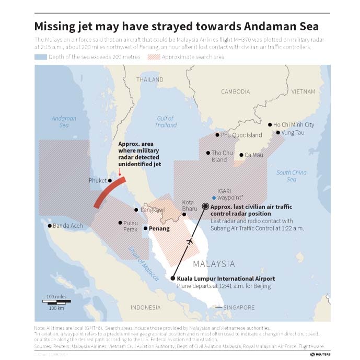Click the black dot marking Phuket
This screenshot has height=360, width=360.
(x=110, y=181)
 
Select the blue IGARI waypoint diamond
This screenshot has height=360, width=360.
(x=214, y=197)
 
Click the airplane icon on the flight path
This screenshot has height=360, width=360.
(x=190, y=241)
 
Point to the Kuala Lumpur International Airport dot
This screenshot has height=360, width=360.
(x=173, y=278)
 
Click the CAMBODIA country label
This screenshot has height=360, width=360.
(x=235, y=91)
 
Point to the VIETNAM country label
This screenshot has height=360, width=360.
(x=303, y=91)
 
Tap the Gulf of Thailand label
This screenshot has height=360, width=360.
(x=166, y=122)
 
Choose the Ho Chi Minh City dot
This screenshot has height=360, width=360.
(x=270, y=125)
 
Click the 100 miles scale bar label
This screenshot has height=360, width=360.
(x=56, y=297)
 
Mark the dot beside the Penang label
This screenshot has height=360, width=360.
(x=145, y=228)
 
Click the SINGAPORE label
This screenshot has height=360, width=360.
(x=239, y=307)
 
